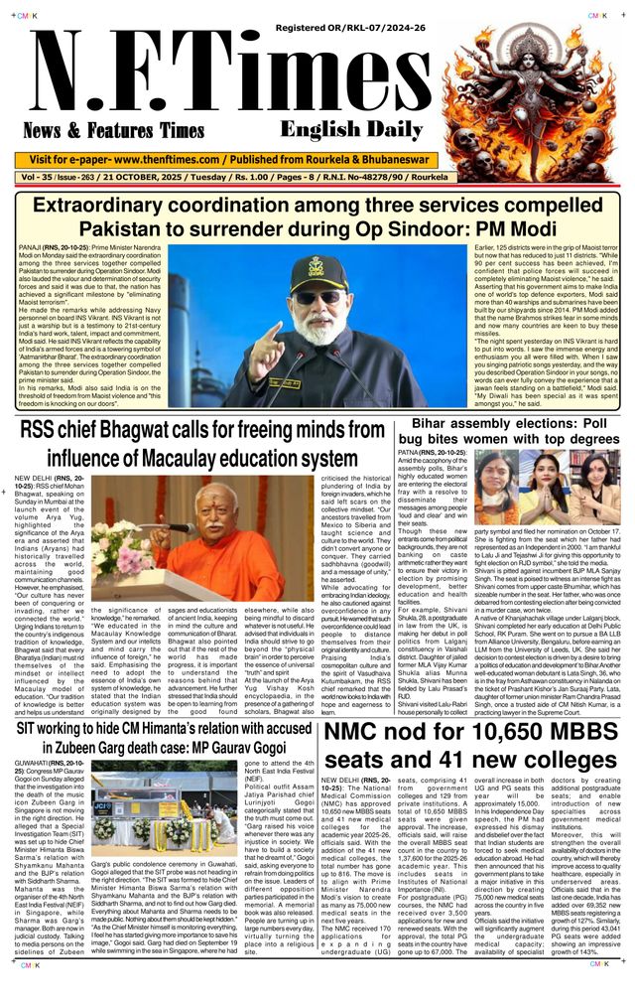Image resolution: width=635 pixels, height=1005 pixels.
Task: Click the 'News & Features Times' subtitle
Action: click(x=113, y=130)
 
